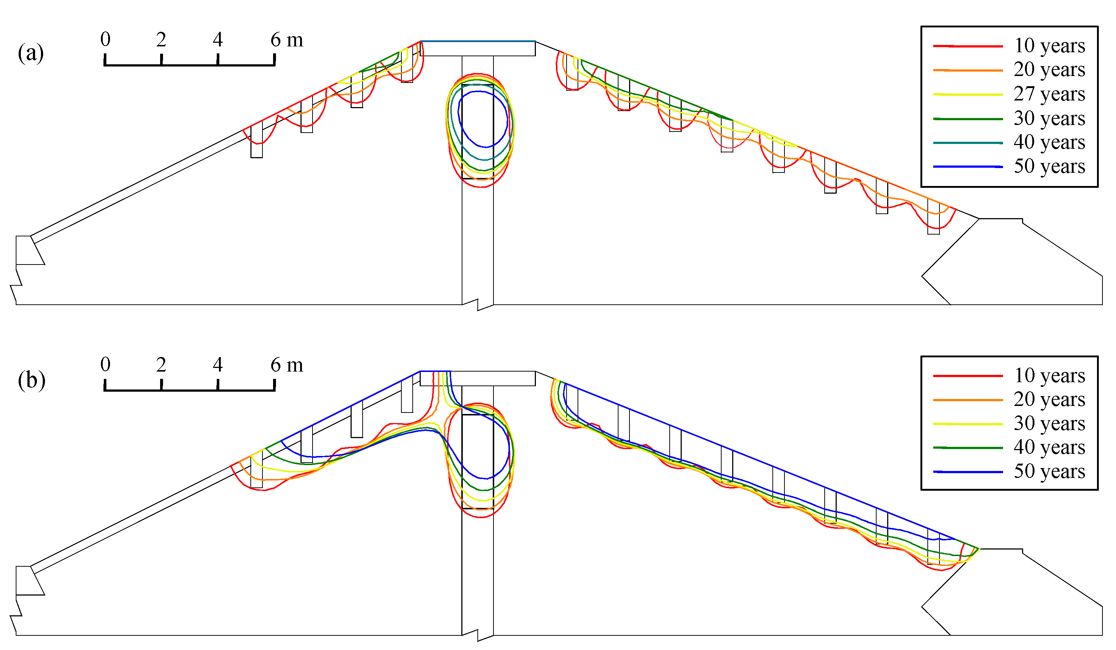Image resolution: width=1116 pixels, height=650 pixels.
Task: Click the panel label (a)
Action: (x=31, y=53)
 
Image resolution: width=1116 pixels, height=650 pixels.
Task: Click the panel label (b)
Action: (x=31, y=380)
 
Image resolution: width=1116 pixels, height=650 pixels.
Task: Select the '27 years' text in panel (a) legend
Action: (x=1049, y=94)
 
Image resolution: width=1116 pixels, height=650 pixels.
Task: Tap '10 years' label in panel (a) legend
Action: (x=1049, y=46)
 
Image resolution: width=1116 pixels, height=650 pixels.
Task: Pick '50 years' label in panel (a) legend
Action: (x=1049, y=167)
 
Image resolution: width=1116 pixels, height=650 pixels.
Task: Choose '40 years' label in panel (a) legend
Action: (x=1049, y=142)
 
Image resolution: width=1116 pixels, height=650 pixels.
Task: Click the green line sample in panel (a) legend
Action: (x=968, y=119)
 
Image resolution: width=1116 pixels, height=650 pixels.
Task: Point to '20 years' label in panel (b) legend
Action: (x=1049, y=399)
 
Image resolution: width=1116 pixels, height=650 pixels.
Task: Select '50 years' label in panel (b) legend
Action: (x=1049, y=472)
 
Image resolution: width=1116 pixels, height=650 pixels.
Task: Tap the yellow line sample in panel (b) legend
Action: (x=968, y=424)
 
